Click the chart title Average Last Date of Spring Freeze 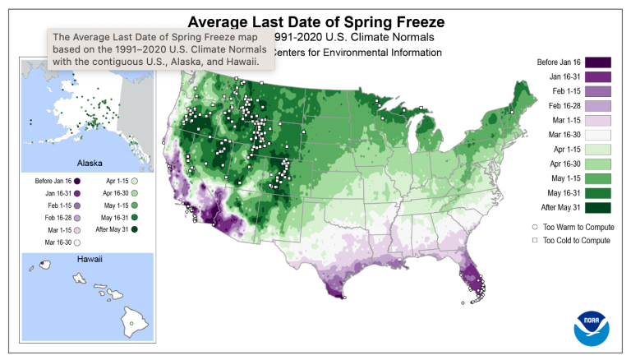coord(314,21)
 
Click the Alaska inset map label coord(88,163)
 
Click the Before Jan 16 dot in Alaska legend coord(76,180)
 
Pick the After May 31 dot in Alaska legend coord(133,228)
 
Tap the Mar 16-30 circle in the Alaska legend coord(76,243)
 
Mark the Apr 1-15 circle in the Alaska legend coord(133,180)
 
